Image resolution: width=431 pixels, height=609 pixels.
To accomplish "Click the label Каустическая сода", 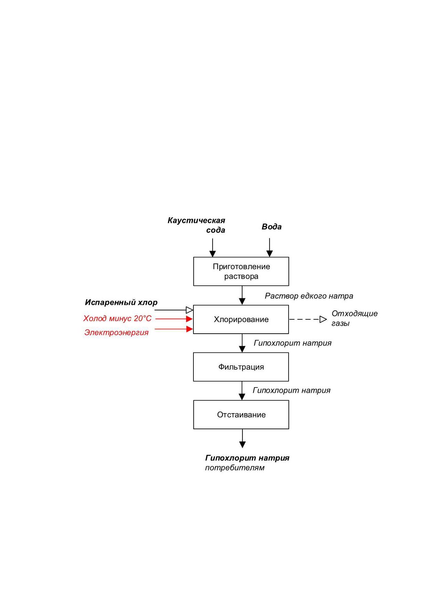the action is coord(197,225).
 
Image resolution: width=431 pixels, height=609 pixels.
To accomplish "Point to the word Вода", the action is coord(272,227).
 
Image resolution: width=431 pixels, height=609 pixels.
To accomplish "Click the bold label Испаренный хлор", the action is coord(121,302).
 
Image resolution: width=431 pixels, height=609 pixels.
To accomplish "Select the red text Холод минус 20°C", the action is coord(117,318).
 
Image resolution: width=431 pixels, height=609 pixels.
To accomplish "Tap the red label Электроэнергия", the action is coord(116,333).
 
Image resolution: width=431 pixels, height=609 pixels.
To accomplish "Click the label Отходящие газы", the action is coord(354,318).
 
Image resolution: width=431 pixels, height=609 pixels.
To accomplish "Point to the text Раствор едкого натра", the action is coord(309,296).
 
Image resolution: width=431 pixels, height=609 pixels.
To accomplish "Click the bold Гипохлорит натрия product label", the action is coord(247,458).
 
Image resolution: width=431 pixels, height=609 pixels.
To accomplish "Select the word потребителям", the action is coord(235,468).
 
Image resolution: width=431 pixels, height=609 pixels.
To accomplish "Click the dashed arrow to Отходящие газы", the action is coord(308,319).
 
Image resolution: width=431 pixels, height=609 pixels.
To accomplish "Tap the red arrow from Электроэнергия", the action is coord(174,329).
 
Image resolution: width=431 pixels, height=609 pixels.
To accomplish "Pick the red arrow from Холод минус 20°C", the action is coord(174,319).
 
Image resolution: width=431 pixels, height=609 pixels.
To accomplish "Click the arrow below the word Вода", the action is coord(270,248).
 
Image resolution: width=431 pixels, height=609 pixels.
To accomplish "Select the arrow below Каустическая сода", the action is coord(213,248).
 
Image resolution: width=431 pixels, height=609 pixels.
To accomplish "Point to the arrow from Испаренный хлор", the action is coord(174,310).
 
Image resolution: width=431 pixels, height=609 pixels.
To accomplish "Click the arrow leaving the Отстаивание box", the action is coord(242,439).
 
